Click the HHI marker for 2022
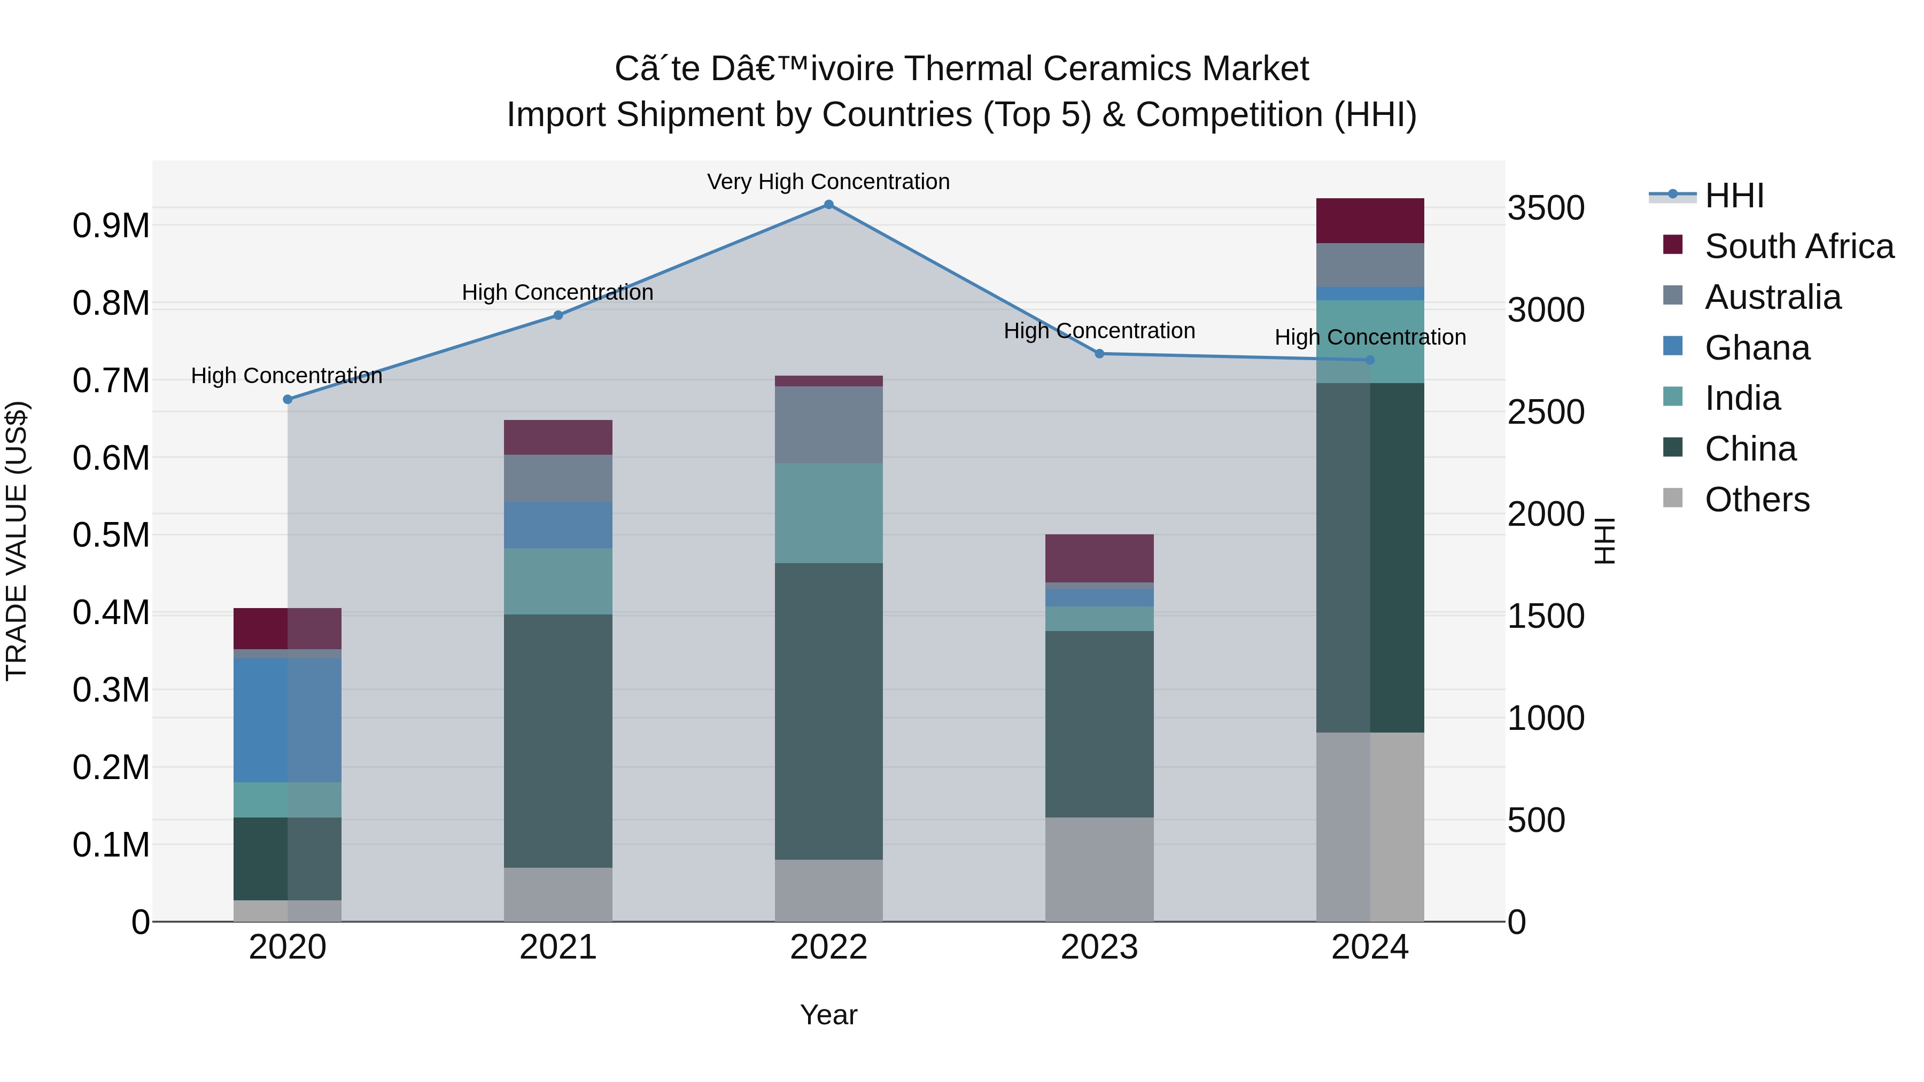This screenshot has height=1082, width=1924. point(828,205)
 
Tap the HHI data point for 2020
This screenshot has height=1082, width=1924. point(288,400)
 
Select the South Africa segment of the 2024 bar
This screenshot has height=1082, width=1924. point(1370,221)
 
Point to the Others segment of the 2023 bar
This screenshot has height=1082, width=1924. point(1099,869)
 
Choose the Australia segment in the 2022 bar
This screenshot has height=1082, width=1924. point(828,425)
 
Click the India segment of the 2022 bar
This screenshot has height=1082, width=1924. point(828,513)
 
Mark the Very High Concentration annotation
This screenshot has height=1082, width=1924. point(828,182)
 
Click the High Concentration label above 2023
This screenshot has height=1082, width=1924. point(1099,331)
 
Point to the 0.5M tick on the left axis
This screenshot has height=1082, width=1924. point(111,535)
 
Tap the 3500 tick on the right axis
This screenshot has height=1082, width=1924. point(1545,208)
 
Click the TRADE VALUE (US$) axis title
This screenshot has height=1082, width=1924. point(17,541)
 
